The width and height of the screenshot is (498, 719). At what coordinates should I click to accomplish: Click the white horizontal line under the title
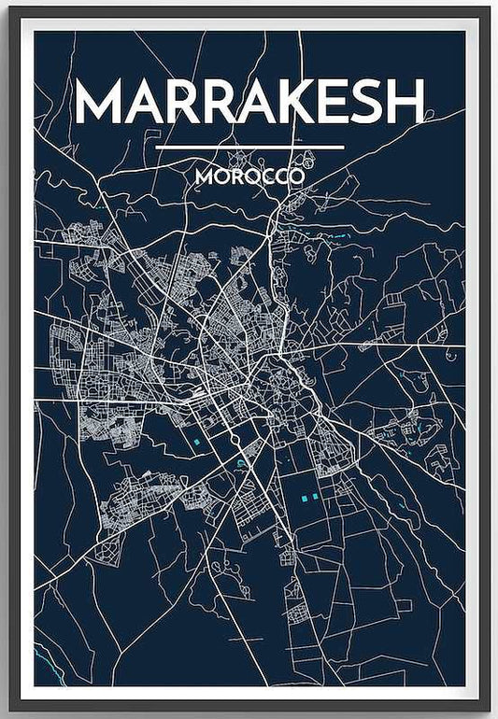click(x=249, y=148)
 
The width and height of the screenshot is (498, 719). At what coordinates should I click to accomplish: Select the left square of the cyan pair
click(x=304, y=497)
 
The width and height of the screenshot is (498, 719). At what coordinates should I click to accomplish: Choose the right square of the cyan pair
click(x=316, y=496)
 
